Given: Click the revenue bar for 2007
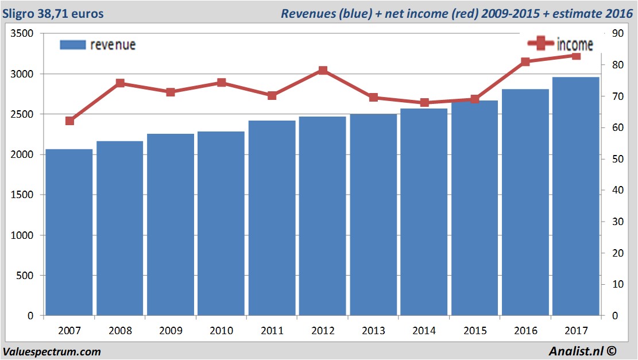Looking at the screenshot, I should pos(69,233).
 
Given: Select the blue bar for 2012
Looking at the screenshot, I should pos(323,216).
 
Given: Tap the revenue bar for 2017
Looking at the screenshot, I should pos(575,196).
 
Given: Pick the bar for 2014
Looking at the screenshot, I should pos(424,212).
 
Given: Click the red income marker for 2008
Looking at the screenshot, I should pos(120,83).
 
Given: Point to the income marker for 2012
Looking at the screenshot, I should pos(323,71).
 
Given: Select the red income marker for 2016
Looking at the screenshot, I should pos(525,62).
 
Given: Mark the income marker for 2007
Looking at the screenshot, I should pos(69,121).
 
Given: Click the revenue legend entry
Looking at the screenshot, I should pos(98,45).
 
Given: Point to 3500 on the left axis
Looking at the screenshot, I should pos(22,34).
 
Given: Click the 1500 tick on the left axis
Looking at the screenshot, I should pos(22,195).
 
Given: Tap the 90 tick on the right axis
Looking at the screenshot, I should pos(617,34).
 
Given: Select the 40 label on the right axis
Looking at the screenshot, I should pos(617,191).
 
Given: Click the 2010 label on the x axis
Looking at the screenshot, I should pos(221,331).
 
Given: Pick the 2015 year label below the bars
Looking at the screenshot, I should pos(474,331).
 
